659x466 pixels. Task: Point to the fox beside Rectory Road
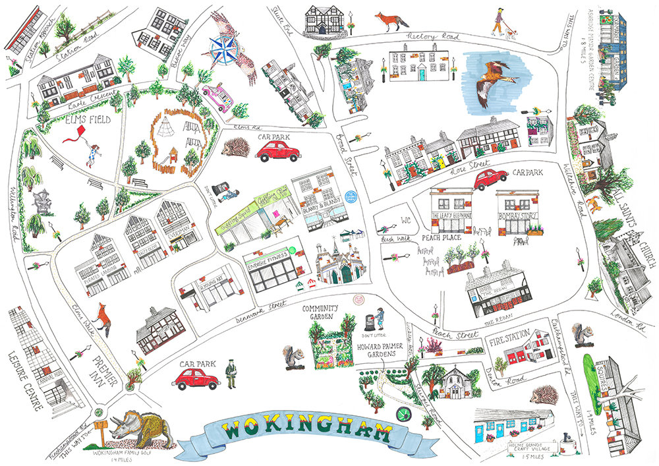tap(392, 21)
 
